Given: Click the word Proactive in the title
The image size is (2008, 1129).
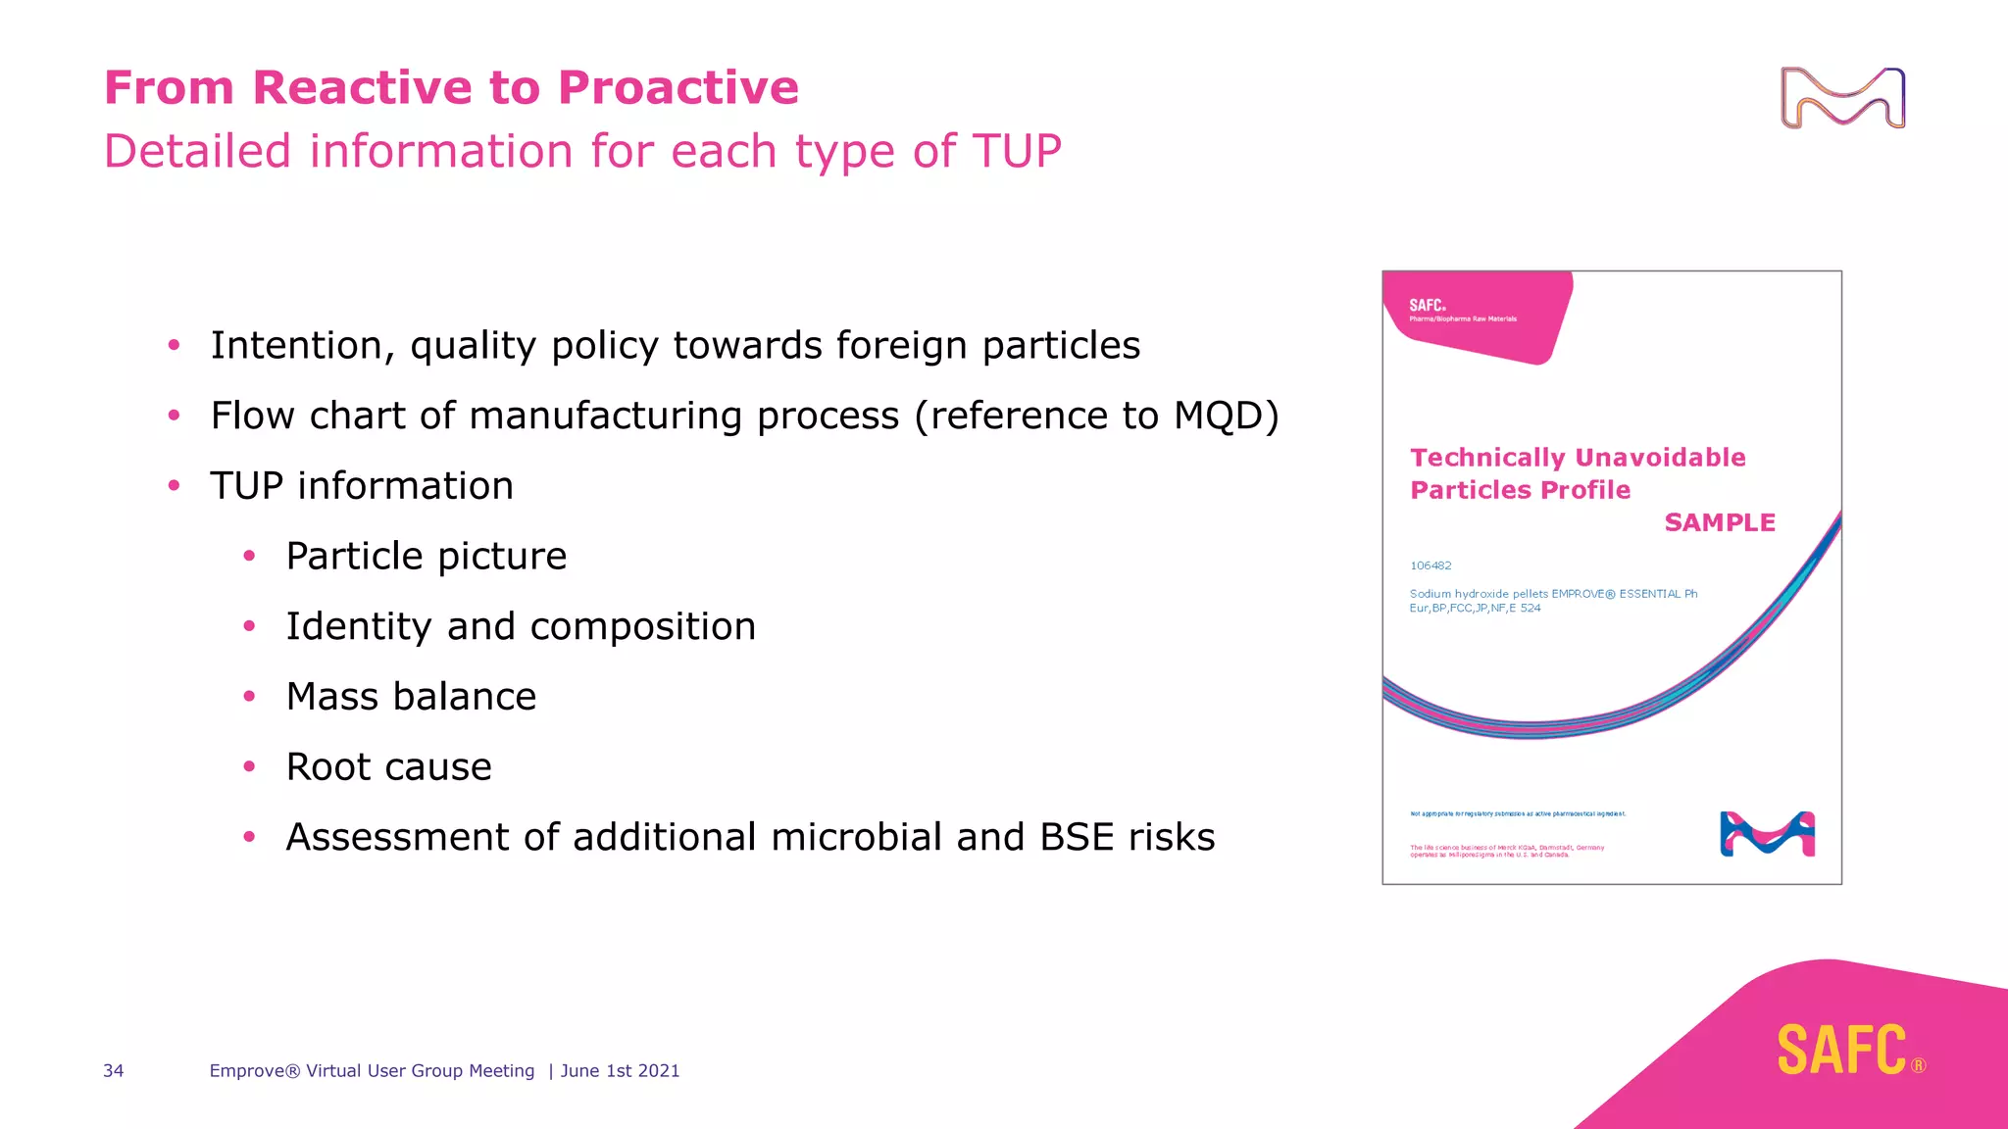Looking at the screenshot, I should [678, 88].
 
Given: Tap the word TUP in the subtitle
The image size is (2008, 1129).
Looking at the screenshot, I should [1016, 152].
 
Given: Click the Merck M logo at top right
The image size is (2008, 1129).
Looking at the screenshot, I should [1842, 98].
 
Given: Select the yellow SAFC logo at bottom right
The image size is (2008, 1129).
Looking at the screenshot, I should [1842, 1051].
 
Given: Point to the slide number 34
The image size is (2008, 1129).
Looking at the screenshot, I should [114, 1071].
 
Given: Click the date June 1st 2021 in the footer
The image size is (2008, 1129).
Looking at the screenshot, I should [620, 1071].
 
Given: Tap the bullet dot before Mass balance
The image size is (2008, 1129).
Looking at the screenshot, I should [249, 697].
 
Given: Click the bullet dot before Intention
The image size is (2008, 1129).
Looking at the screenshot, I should [174, 345].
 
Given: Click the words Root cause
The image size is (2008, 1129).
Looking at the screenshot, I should [388, 767].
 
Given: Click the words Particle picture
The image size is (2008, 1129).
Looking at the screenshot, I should [426, 557].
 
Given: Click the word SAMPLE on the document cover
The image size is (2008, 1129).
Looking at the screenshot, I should [1720, 523].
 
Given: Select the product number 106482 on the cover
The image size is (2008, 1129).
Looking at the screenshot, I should [1431, 565].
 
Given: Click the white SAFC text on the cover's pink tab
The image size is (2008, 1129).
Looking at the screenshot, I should [1427, 306].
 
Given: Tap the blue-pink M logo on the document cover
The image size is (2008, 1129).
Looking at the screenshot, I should [1767, 834].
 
